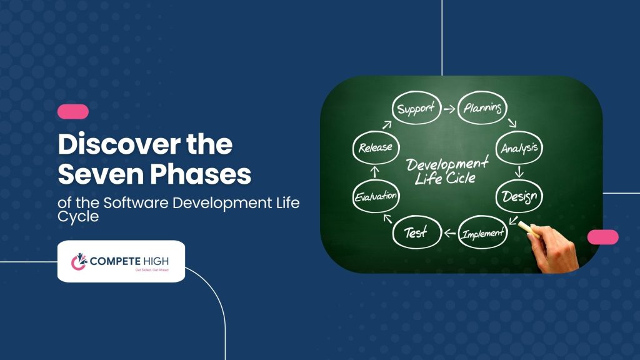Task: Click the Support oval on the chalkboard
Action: [415, 109]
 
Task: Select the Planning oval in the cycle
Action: [482, 108]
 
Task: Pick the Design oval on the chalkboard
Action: [519, 197]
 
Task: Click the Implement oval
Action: [482, 234]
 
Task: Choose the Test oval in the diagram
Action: [416, 233]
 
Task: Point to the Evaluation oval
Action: [376, 196]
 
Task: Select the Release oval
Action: [376, 148]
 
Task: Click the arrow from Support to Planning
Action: [449, 109]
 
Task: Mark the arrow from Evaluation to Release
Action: [375, 171]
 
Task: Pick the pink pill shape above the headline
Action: [73, 112]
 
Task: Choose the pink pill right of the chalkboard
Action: [602, 237]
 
